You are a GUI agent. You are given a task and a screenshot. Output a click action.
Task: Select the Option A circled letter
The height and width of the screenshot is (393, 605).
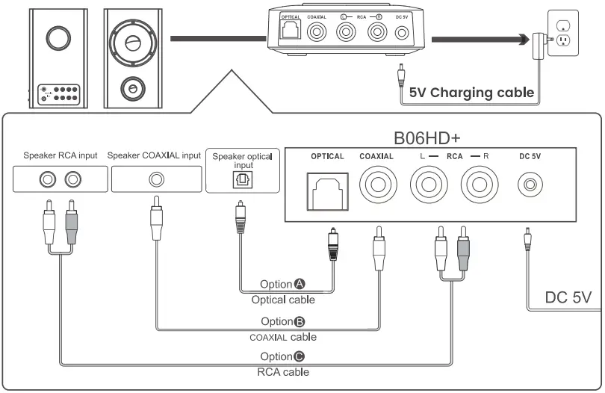tap(300, 285)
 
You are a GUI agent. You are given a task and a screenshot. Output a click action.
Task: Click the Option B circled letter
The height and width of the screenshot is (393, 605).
tap(300, 321)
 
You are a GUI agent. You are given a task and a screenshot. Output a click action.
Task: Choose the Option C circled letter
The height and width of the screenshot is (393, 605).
tap(300, 356)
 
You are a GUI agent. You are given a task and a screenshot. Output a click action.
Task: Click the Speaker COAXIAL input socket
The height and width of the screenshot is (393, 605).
tap(156, 179)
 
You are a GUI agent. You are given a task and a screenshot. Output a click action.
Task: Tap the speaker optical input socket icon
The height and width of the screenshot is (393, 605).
tap(243, 179)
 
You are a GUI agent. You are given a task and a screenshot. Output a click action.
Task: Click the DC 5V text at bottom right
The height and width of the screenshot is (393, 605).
tap(568, 297)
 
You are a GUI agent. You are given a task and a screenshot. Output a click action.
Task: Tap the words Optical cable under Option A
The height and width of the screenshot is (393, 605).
tap(282, 300)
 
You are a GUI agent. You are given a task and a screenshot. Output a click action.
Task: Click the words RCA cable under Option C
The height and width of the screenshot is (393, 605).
tap(284, 371)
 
